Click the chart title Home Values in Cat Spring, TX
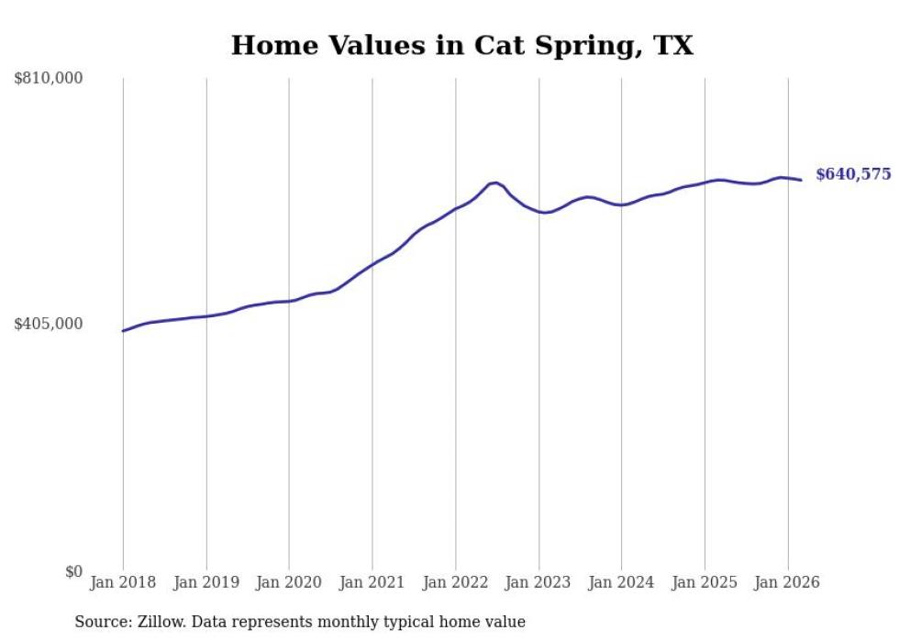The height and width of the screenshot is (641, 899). pos(461,46)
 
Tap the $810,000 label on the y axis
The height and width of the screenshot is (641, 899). pos(49,79)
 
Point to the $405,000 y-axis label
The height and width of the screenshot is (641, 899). pos(49,324)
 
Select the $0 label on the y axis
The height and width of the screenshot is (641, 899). pos(73,571)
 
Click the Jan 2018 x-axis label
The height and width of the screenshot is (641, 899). pos(123,582)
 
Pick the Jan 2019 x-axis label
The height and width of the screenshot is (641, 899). pos(206,582)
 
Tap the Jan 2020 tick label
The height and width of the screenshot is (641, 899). pos(289,582)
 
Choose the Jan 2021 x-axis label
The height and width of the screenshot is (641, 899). pos(372,582)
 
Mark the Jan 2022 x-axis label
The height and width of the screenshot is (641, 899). pos(455,582)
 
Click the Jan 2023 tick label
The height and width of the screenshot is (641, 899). pos(538,582)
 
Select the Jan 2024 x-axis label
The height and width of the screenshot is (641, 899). pos(621,582)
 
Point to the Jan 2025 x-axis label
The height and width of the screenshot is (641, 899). pos(705,582)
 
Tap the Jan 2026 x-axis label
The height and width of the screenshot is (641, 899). pos(787,582)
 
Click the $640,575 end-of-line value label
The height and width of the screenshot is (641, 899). pos(853,174)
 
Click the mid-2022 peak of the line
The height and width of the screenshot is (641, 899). pos(495,182)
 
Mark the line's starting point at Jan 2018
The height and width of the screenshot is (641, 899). pos(123,331)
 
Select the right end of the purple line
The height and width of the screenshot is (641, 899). pos(801,180)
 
